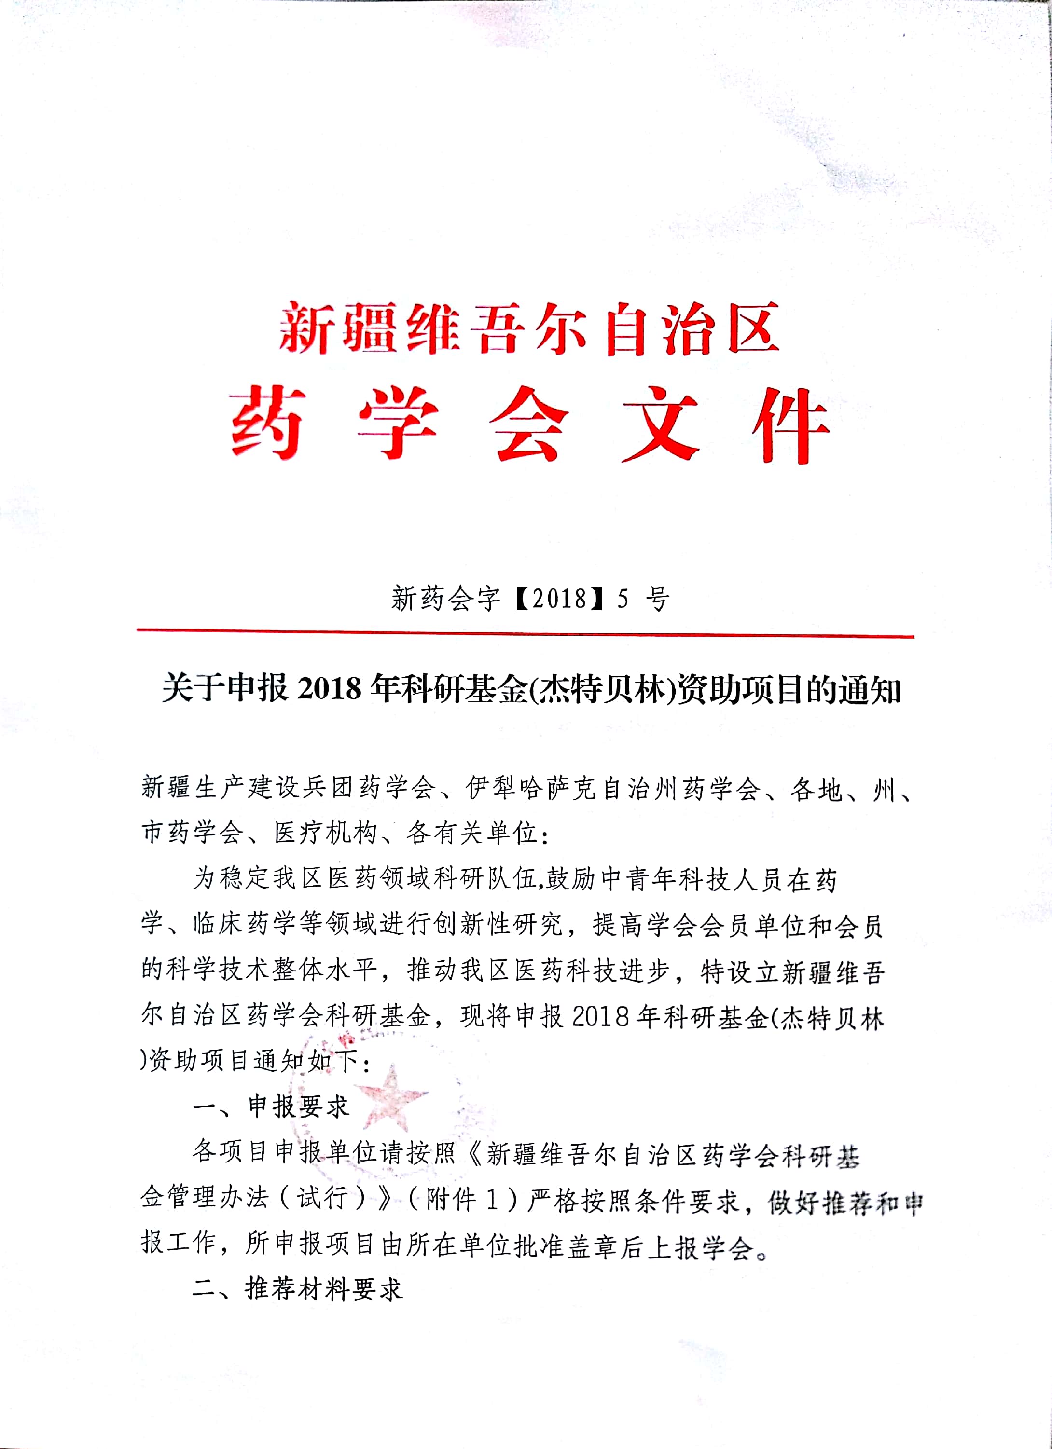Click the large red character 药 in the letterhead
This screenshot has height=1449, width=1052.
(267, 423)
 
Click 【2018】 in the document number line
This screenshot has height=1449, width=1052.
(559, 599)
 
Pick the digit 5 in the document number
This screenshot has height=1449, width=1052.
(623, 599)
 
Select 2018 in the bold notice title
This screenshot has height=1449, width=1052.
(329, 690)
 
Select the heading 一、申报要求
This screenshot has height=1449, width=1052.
(272, 1107)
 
